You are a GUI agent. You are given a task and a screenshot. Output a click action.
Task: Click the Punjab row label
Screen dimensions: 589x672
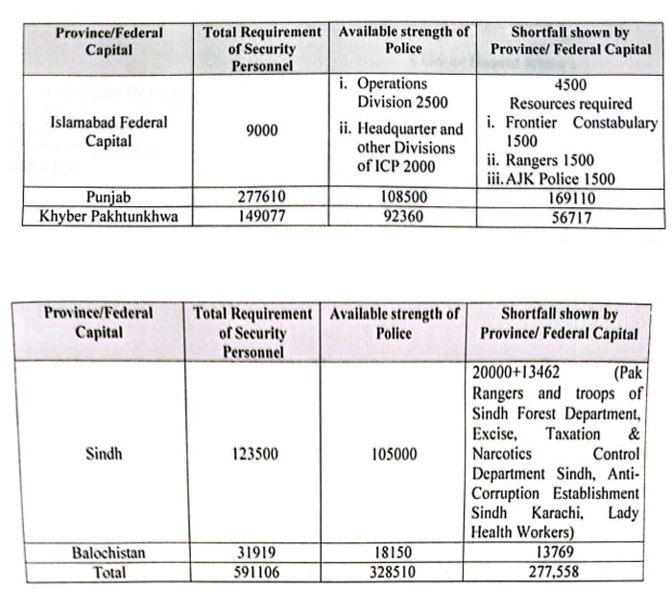pos(108,199)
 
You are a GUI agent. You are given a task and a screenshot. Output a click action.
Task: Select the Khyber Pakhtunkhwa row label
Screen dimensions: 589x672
pos(108,217)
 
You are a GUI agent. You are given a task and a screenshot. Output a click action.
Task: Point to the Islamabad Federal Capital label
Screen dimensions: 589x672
pos(108,131)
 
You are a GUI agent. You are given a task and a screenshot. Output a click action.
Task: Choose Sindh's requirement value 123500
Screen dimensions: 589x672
pos(254,454)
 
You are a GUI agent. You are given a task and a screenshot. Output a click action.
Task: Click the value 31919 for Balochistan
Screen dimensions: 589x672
pos(254,553)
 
